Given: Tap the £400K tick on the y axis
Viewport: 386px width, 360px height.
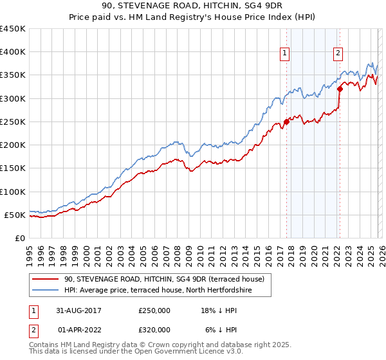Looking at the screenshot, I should [13, 52].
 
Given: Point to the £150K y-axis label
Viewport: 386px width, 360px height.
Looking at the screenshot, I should [13, 168].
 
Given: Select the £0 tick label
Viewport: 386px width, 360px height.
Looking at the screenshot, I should [21, 238].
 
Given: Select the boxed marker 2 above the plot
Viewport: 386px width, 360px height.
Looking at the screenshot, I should [338, 53].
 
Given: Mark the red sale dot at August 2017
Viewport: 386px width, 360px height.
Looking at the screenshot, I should [286, 122].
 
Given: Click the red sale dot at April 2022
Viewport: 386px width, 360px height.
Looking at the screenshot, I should [340, 89].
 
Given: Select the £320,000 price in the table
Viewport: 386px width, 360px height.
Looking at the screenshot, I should [154, 329].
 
